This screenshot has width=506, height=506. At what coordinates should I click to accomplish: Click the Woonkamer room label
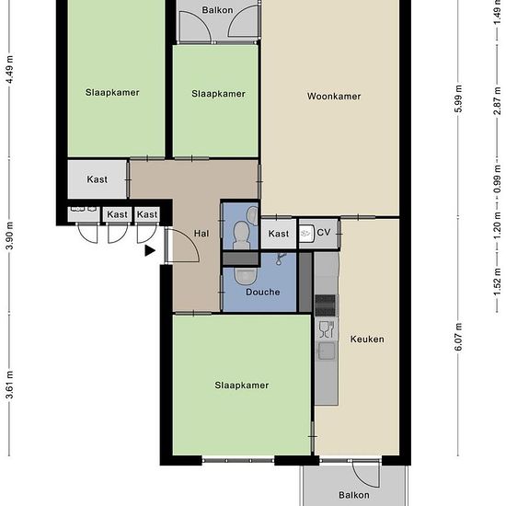pyautogui.click(x=334, y=97)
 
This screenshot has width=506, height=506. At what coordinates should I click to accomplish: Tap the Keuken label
pyautogui.click(x=367, y=339)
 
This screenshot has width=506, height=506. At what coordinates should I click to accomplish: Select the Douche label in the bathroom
pyautogui.click(x=263, y=292)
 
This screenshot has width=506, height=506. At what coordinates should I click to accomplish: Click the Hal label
pyautogui.click(x=201, y=234)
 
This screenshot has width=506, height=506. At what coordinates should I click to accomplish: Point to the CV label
pyautogui.click(x=324, y=233)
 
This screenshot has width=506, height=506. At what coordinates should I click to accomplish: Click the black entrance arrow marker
pyautogui.click(x=150, y=251)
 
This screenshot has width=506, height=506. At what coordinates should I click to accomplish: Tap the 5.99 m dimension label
pyautogui.click(x=458, y=98)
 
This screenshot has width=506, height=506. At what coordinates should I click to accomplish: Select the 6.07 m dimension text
pyautogui.click(x=458, y=337)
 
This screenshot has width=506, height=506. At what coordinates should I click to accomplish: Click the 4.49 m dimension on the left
pyautogui.click(x=10, y=70)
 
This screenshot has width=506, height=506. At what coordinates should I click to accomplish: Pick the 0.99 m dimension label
pyautogui.click(x=497, y=178)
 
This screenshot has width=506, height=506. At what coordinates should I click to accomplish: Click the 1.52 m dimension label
pyautogui.click(x=497, y=282)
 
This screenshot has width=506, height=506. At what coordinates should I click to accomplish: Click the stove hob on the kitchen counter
pyautogui.click(x=326, y=305)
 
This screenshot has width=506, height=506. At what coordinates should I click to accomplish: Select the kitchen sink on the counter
pyautogui.click(x=327, y=351)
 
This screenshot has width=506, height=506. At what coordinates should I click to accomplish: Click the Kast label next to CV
pyautogui.click(x=279, y=234)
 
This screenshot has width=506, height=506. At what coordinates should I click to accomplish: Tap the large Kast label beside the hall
pyautogui.click(x=98, y=179)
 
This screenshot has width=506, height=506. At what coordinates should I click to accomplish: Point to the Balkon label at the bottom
pyautogui.click(x=354, y=495)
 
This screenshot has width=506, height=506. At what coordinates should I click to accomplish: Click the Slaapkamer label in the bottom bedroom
pyautogui.click(x=242, y=385)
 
